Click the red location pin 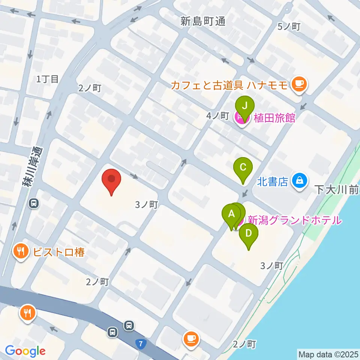112,181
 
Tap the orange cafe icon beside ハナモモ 299,84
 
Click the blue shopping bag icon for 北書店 300,181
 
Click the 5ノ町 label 289,27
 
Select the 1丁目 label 48,79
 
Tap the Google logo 25,351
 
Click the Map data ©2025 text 328,354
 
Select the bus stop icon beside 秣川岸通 34,204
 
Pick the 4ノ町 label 217,116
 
